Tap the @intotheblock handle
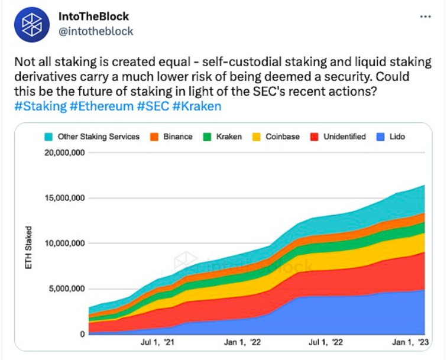pos(96,31)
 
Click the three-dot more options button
pos(425,16)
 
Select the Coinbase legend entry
pos(277,137)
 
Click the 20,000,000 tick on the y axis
pos(65,153)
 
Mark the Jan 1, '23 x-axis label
pos(412,342)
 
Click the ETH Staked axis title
pos(28,248)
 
